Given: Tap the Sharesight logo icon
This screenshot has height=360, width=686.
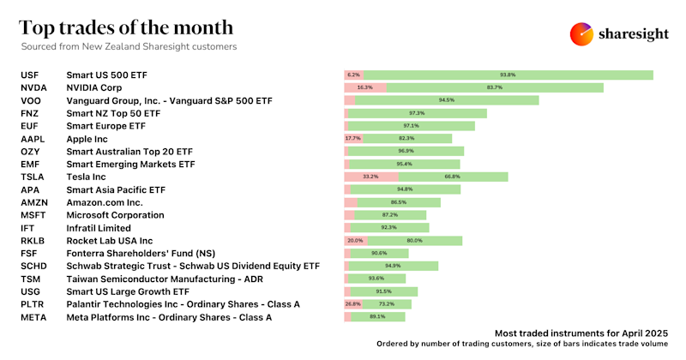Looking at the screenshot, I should pos(581,33).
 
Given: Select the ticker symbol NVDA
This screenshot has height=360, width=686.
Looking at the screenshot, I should pos(34,87).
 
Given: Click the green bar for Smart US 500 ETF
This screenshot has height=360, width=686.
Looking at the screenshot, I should pos(508,75).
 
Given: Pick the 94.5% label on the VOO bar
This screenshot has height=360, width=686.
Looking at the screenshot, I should pos(446,100).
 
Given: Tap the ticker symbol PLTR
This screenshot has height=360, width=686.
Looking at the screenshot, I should pos(33,304).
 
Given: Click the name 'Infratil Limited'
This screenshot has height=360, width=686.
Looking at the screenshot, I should pos(99,228).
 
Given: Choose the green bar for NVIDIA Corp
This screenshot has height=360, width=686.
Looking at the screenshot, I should pos(495,87).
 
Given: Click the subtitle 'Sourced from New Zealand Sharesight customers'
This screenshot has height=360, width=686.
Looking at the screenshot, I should pos(129,46).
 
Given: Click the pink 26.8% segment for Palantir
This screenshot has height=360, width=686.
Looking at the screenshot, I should pos(352,304).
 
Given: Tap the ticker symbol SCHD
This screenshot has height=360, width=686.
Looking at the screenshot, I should pos(33,267).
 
